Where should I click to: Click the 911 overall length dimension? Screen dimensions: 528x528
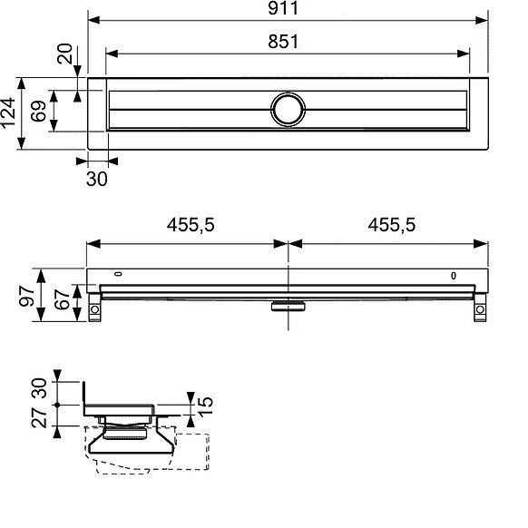pos(288,9)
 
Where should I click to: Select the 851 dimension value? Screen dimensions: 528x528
pos(288,42)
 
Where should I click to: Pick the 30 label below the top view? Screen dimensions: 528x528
pos(96,179)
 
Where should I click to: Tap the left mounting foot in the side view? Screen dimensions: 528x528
pos(94,307)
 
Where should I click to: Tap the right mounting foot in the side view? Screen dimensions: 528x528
pos(478,307)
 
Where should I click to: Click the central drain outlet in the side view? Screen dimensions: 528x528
pos(288,305)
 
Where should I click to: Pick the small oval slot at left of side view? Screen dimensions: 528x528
pos(119,275)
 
